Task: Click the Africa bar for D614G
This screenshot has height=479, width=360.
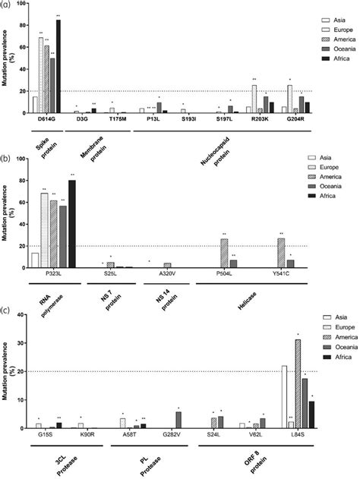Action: (58, 67)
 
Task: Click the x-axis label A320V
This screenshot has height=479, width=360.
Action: (168, 273)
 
